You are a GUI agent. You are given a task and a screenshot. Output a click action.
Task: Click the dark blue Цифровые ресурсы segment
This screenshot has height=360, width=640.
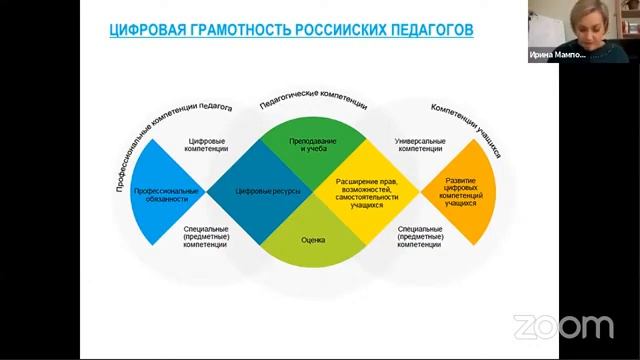coord(261,190)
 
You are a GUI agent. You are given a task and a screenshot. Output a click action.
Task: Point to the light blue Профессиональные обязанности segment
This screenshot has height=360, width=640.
coord(161,192)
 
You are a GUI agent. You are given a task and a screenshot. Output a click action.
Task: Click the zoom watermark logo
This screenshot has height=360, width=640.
coord(563,326)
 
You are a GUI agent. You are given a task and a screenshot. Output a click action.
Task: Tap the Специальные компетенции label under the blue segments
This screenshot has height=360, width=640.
coord(207,236)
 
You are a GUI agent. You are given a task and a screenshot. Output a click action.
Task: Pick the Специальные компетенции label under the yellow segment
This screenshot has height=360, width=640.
coord(419,236)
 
